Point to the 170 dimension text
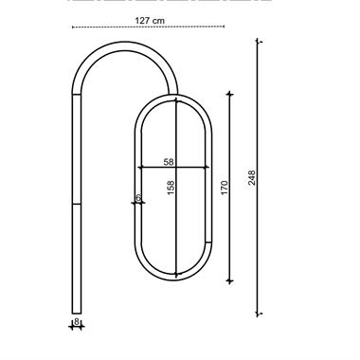coord(224,188)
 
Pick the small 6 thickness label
coord(138,198)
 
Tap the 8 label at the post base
coord(77,322)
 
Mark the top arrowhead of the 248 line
coord(259,42)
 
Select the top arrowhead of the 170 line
coord(230,94)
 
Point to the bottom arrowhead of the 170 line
coord(230,280)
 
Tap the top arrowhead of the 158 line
coord(175,100)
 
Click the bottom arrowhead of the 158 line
coord(175,273)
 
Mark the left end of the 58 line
coord(140,169)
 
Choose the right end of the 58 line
coord(209,169)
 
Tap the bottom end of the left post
coord(77,311)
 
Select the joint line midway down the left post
coord(77,202)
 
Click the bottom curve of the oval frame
coord(174,278)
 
